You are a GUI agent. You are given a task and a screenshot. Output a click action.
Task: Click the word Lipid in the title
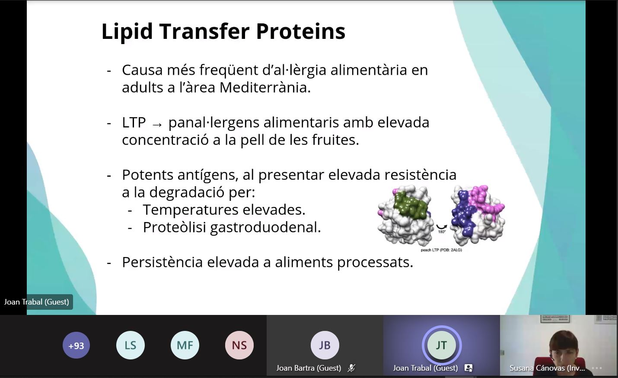point(127,32)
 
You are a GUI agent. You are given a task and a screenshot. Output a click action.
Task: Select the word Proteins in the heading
point(301,31)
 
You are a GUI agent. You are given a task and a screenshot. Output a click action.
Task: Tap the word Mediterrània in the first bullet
point(265,87)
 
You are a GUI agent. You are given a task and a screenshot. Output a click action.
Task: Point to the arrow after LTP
point(157,124)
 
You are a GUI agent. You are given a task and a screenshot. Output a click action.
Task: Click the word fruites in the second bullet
point(335,140)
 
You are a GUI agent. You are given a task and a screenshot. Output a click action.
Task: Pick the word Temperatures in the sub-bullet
point(191,210)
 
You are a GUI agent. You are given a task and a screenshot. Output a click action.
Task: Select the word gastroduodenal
point(265,228)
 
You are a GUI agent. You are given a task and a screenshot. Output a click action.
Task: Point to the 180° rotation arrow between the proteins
point(441,227)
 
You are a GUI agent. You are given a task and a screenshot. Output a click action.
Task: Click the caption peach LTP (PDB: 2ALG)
point(441,250)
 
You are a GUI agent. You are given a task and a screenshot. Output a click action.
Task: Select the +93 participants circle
point(76,345)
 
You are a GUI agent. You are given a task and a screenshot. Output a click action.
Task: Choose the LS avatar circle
point(130,345)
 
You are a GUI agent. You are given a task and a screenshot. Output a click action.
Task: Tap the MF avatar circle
point(185,345)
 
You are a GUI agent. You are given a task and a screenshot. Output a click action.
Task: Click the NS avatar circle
point(239,345)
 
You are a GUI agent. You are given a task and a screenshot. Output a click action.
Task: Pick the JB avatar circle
point(325,345)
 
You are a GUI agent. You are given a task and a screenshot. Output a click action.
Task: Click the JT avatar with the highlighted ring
point(441,345)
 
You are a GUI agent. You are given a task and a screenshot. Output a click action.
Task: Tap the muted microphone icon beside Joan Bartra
point(351,368)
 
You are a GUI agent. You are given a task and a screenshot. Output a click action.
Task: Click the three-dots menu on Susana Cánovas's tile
point(597,368)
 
